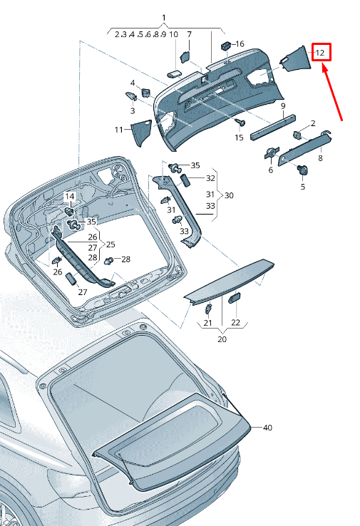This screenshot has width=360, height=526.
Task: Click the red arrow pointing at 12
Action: (x=333, y=93)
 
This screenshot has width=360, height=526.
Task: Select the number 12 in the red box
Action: (x=320, y=53)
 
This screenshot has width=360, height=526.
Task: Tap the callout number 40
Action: (x=267, y=428)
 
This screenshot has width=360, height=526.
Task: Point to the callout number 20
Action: (x=222, y=340)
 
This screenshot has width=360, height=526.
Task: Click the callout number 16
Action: (x=240, y=44)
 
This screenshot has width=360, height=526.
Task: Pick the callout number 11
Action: (x=118, y=130)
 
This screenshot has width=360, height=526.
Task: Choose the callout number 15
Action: (x=239, y=137)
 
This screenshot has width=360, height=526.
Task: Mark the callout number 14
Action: (x=70, y=196)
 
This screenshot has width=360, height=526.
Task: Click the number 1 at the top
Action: (x=163, y=17)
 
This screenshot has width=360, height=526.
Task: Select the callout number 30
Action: (x=229, y=195)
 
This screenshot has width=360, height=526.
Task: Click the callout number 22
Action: (x=235, y=323)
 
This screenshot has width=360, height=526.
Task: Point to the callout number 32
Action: (x=210, y=178)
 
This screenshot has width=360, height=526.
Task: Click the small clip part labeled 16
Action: (x=225, y=46)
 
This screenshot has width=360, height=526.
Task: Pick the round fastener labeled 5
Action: (x=302, y=170)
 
